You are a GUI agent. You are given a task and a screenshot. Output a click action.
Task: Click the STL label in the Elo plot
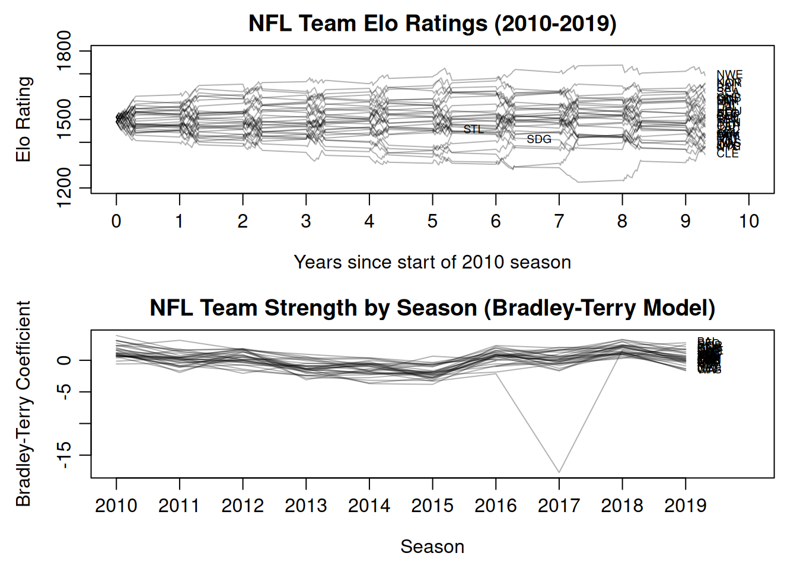tap(473, 129)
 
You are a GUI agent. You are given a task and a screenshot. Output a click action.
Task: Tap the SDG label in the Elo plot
tap(539, 139)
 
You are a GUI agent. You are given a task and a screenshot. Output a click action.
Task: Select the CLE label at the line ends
tap(728, 154)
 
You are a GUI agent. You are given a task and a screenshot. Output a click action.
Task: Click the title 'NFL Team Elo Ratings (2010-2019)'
tap(432, 24)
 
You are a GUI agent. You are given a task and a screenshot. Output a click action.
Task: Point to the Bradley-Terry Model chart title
tap(432, 308)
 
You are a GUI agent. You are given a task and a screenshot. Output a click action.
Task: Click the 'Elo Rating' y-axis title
tap(23, 119)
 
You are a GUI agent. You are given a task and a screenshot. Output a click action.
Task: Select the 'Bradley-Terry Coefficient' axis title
tap(23, 404)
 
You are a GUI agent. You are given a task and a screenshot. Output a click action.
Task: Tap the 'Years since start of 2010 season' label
tap(432, 262)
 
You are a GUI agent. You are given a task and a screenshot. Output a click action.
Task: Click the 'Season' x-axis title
tap(432, 546)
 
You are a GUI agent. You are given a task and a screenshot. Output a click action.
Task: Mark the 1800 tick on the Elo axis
tap(63, 51)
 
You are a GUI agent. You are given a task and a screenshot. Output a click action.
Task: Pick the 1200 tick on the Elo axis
tap(63, 188)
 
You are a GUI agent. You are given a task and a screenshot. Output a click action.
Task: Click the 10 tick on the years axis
tap(748, 221)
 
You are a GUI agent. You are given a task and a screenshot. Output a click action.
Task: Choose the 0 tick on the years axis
tap(116, 221)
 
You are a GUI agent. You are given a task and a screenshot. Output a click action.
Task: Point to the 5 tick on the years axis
tap(432, 221)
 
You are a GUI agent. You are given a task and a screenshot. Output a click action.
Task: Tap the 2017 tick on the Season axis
tap(559, 506)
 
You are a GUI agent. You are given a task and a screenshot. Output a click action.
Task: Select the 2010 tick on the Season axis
tap(116, 506)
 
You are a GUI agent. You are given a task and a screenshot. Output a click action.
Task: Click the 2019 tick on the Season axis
tap(686, 506)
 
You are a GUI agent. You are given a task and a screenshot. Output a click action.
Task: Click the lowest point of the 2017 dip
tap(559, 472)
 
